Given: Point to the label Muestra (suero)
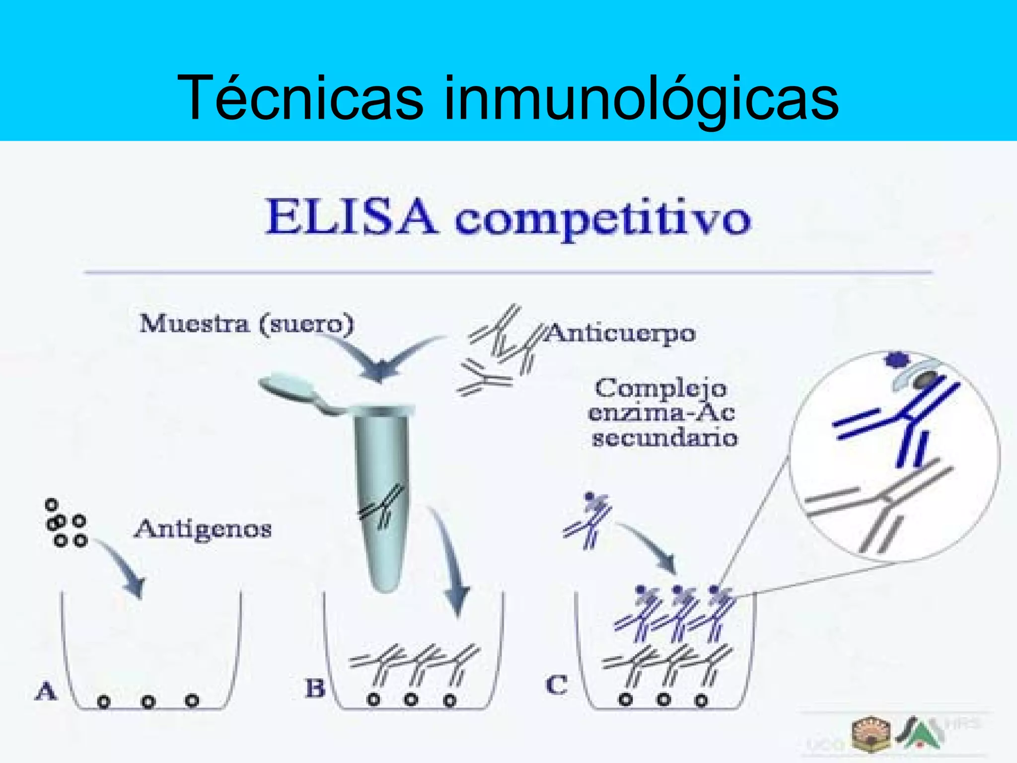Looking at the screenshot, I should click(247, 324).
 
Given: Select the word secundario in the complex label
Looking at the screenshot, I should click(664, 438).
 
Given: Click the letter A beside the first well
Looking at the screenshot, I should click(46, 691).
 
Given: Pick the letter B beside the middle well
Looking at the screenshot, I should click(315, 688).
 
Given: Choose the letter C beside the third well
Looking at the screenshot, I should click(556, 685).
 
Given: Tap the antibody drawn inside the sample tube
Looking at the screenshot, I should click(381, 507).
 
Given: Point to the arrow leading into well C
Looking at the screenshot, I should click(651, 546).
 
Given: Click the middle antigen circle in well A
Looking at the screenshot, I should click(148, 701).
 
